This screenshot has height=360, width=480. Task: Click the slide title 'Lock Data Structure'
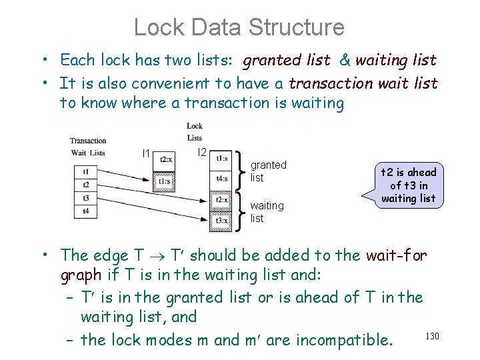(239, 27)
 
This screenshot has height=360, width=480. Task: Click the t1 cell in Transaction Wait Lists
(85, 171)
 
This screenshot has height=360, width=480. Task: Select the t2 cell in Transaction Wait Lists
(85, 185)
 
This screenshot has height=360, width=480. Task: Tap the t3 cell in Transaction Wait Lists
(85, 198)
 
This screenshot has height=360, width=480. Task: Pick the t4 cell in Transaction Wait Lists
(85, 211)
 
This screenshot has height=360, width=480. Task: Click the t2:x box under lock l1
(164, 160)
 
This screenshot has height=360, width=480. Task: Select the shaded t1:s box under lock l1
(164, 180)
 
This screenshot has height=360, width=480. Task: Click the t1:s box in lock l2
(221, 159)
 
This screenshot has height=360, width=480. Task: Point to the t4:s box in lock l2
(221, 178)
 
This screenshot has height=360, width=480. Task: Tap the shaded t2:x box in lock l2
(221, 200)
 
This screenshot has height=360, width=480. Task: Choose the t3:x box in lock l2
(221, 220)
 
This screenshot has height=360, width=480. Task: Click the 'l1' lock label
(147, 154)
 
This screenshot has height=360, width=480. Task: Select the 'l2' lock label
(202, 152)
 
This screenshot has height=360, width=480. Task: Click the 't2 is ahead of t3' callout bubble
(408, 185)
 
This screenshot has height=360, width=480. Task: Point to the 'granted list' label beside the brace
(267, 171)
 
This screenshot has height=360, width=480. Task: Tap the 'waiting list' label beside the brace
(266, 212)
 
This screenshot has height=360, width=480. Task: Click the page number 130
(432, 336)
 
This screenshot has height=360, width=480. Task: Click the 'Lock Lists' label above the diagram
(195, 131)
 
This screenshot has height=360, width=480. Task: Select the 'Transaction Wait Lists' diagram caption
(88, 147)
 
